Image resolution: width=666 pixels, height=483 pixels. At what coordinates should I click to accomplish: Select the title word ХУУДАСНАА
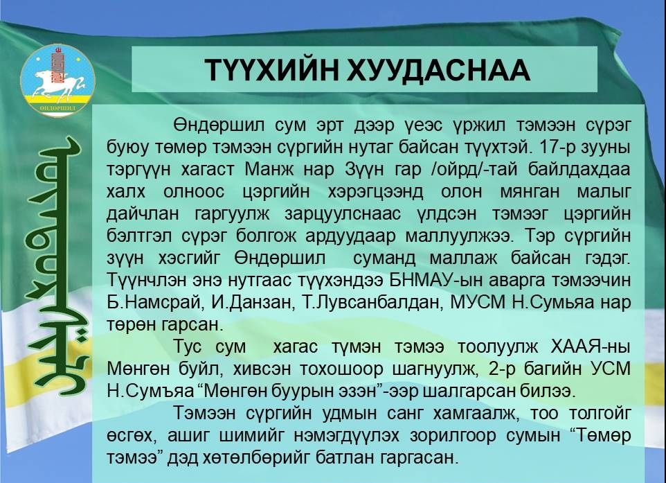click(439, 70)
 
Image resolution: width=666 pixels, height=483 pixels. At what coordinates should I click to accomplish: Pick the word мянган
click(529, 192)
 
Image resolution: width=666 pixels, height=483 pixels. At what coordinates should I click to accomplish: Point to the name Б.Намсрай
click(153, 302)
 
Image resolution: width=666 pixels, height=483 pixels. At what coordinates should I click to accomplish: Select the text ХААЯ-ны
click(591, 346)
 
